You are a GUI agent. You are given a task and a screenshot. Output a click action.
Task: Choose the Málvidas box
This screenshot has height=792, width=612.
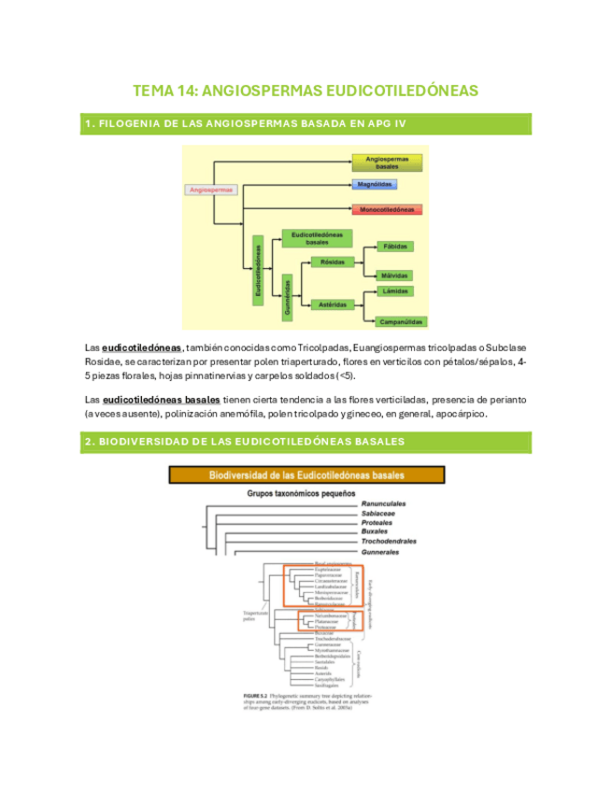[x=394, y=276]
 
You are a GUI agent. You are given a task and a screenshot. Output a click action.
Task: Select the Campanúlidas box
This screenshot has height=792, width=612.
[x=396, y=321]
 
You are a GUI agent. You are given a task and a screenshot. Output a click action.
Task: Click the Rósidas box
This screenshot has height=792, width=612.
[x=333, y=262]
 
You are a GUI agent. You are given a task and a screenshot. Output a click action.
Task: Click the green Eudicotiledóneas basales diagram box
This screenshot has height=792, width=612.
[x=316, y=237]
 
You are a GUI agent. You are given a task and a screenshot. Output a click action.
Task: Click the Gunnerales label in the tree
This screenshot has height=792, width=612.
[x=384, y=552]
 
